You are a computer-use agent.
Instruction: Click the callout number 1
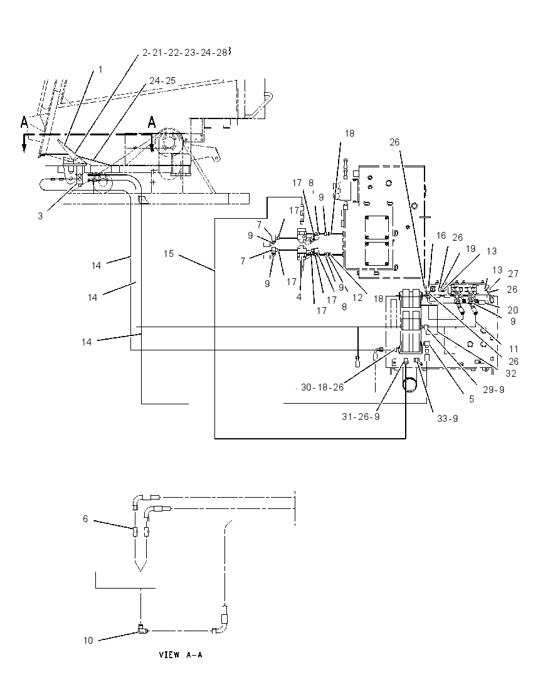point(100,70)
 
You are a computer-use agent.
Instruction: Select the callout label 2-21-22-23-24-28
point(185,53)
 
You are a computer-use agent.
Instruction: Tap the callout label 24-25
point(162,81)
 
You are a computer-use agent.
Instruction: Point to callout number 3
point(40,216)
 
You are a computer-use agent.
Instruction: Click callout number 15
point(169,254)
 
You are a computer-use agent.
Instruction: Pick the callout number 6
point(85,519)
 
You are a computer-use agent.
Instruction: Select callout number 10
point(88,641)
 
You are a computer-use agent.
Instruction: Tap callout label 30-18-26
point(322,387)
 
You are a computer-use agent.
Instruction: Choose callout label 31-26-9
point(361,417)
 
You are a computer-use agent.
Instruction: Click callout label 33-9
point(447,419)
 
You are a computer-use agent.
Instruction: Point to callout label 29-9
point(493,389)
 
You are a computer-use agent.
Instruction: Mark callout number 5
point(472,399)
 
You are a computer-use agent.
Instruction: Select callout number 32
point(510,374)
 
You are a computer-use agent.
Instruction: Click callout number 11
point(514,349)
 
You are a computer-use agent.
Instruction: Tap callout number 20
point(513,310)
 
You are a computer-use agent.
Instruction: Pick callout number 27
point(514,274)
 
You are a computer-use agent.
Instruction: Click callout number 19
point(470,249)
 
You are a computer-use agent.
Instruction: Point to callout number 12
point(357,298)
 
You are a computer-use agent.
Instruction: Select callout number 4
point(299,297)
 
